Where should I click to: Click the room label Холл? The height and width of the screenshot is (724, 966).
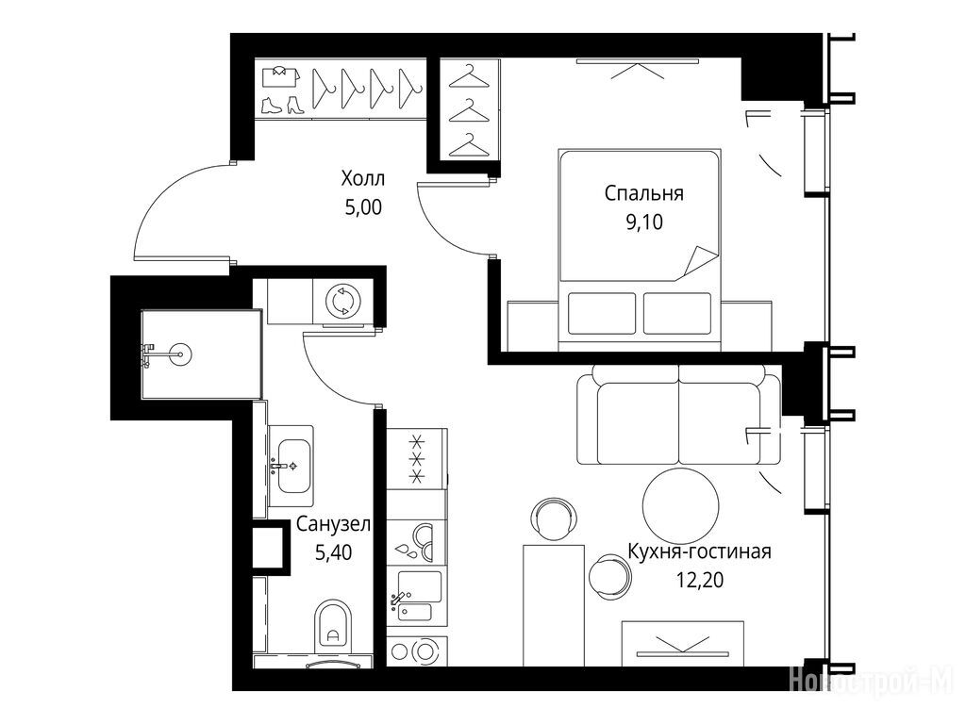(363, 178)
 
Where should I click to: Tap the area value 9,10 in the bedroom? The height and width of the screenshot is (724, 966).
(643, 222)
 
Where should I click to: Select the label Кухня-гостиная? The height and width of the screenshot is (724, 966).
(699, 551)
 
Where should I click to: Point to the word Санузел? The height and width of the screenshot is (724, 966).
(333, 524)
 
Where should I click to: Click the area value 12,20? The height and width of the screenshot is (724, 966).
(700, 580)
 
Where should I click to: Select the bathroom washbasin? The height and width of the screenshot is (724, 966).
(291, 465)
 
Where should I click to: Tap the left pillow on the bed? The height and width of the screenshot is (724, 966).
(601, 313)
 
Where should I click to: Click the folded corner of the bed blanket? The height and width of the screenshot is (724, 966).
(698, 263)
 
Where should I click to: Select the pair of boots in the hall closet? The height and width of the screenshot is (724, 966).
(282, 105)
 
